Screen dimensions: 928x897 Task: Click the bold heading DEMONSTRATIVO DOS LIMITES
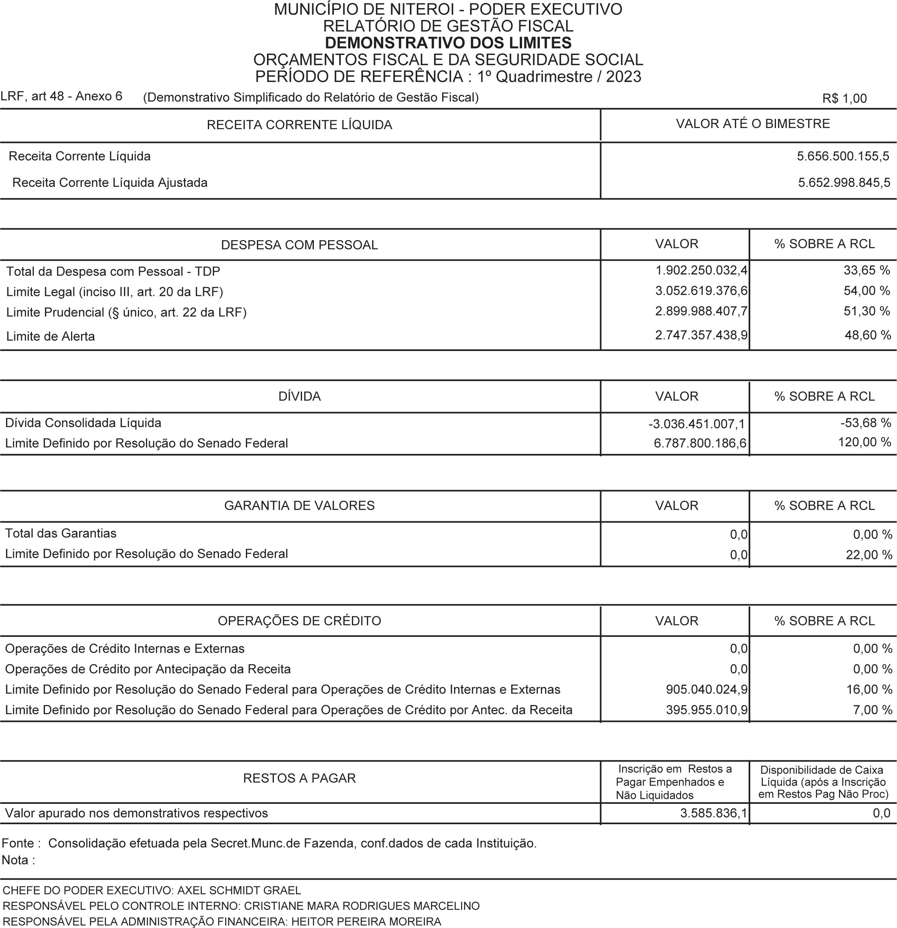pyautogui.click(x=448, y=43)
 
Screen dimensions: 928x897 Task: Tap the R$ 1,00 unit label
pyautogui.click(x=844, y=98)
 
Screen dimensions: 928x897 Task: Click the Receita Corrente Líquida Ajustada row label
pyautogui.click(x=110, y=183)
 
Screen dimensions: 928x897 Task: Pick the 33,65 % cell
pyautogui.click(x=867, y=270)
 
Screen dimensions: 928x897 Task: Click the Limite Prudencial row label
pyautogui.click(x=126, y=313)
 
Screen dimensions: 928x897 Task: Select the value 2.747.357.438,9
pyautogui.click(x=701, y=335)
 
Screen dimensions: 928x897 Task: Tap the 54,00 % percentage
pyautogui.click(x=867, y=291)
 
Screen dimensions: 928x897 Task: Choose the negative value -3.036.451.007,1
pyautogui.click(x=696, y=424)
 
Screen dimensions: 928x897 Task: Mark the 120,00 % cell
pyautogui.click(x=864, y=442)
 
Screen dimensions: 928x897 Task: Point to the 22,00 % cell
pyautogui.click(x=869, y=554)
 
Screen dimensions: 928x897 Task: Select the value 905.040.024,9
pyautogui.click(x=706, y=689)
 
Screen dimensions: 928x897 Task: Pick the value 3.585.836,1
pyautogui.click(x=713, y=813)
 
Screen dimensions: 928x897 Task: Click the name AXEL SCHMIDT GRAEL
pyautogui.click(x=239, y=890)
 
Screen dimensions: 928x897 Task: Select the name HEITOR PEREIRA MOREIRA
pyautogui.click(x=366, y=921)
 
